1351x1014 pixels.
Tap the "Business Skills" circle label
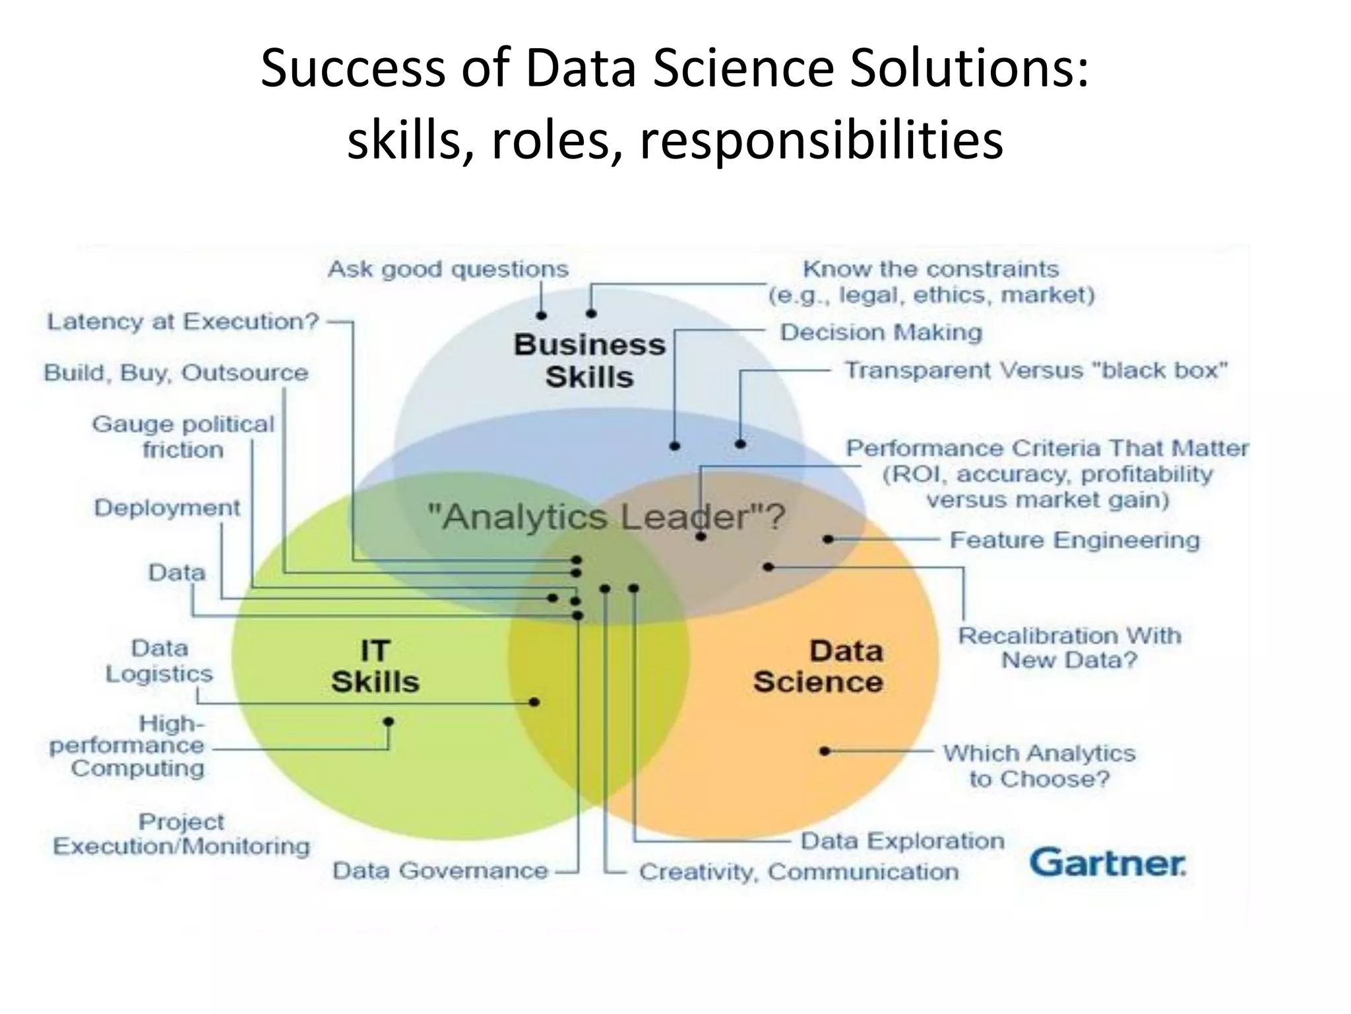pos(589,360)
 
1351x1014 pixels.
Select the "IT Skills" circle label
pos(375,666)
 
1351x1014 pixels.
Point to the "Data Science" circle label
pos(819,666)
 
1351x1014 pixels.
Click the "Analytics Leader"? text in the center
pos(606,516)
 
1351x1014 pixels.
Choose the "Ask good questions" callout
pos(448,269)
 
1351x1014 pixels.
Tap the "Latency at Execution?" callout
pos(183,321)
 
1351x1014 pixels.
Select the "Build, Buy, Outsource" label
pos(176,373)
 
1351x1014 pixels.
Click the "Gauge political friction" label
pos(183,436)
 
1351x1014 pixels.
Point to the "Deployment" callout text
pos(167,508)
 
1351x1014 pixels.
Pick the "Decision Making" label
pos(881,332)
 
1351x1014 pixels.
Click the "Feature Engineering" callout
pos(1075,540)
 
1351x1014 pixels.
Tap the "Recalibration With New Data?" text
pos(1069,648)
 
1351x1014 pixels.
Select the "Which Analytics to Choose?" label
pos(1039,766)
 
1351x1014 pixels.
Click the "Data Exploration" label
pos(902,841)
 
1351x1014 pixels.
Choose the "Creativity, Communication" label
pos(798,871)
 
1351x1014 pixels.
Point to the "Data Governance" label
pos(440,871)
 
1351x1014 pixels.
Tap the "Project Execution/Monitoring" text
pos(181,834)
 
